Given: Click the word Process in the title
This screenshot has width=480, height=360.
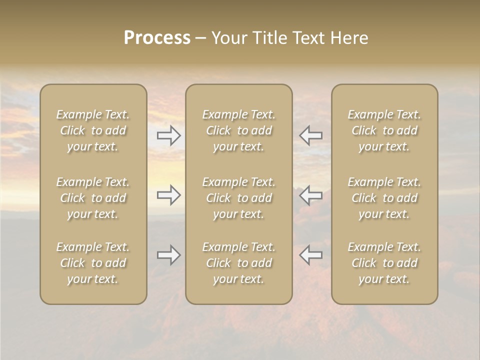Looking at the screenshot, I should point(157,38).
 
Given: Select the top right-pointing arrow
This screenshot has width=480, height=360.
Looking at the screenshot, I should point(169,135).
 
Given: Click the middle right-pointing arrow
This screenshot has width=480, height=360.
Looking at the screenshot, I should point(169,195).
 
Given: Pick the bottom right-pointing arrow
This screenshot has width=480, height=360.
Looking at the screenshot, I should point(169,255).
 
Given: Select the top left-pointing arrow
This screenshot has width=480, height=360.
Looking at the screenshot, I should point(310,135).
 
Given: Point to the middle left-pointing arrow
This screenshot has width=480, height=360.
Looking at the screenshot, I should point(310,195).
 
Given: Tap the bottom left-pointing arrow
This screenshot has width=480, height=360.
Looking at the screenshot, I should point(310,255).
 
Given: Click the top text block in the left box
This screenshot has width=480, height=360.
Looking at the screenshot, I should point(93,130).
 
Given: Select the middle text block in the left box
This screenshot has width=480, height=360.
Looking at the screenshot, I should point(93,198).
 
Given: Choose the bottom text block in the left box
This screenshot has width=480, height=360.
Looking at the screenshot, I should point(93,263).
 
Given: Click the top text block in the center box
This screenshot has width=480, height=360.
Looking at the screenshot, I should point(238,130).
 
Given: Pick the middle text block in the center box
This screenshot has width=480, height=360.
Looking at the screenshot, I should point(238,198).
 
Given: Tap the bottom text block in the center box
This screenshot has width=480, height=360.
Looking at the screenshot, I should point(238,263).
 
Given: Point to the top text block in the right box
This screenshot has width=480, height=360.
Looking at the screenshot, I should point(384,130).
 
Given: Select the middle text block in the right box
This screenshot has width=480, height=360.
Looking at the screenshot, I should point(384,198).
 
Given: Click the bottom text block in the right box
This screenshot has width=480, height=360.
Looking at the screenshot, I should point(384,263).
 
